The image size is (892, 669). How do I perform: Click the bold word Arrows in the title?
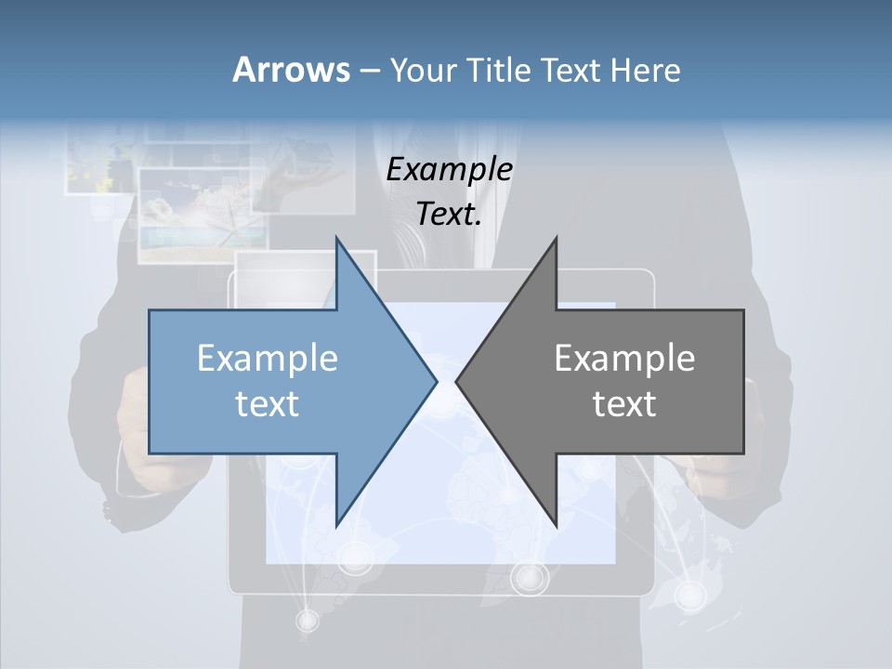pyautogui.click(x=291, y=70)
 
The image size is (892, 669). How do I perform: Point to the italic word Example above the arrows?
pyautogui.click(x=449, y=170)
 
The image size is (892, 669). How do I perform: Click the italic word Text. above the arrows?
pyautogui.click(x=449, y=215)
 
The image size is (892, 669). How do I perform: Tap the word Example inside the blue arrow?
pyautogui.click(x=268, y=359)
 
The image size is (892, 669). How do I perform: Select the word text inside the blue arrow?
pyautogui.click(x=268, y=404)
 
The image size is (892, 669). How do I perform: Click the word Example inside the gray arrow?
pyautogui.click(x=624, y=359)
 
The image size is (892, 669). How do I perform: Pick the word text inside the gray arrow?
pyautogui.click(x=624, y=404)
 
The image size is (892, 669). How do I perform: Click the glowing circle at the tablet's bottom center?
pyautogui.click(x=530, y=578)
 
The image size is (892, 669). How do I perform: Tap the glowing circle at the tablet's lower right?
pyautogui.click(x=689, y=594)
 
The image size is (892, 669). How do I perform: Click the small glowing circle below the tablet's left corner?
pyautogui.click(x=307, y=619)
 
